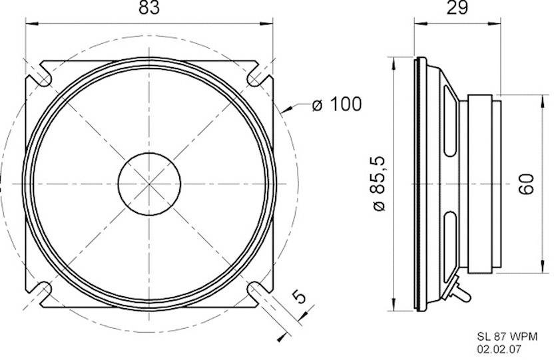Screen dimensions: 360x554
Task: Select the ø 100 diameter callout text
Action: [336, 104]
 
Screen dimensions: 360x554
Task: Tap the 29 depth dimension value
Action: [459, 8]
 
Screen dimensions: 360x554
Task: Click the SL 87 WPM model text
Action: [506, 336]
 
